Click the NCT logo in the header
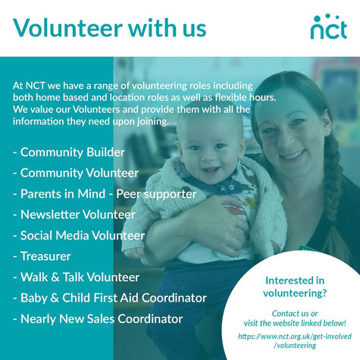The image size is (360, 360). pos(329,27)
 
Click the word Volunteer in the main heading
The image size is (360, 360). pos(68,27)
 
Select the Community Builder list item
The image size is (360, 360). pos(69,152)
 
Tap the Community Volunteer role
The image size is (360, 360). pos(76,173)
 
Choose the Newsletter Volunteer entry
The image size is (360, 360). pos(74,214)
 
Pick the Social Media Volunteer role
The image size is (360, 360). pos(79,236)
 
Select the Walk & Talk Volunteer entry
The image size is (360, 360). pos(76,277)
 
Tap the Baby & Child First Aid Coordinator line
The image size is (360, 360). pos(110,298)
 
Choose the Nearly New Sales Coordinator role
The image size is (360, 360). pos(98,319)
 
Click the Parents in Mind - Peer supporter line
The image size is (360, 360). pos(105,194)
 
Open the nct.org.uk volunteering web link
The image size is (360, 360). pos(295,341)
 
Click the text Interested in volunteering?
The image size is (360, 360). pos(295,287)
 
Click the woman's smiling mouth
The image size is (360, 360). pos(293,155)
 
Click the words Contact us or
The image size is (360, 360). pos(295,314)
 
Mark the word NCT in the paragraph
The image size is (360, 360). pos(36,86)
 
